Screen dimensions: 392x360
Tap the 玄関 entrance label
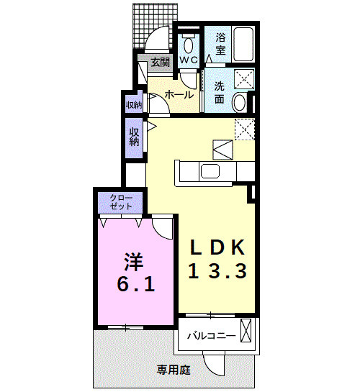(161, 63)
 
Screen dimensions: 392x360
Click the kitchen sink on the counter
(211, 171)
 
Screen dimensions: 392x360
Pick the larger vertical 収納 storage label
(135, 137)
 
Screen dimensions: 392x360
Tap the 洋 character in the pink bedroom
(132, 259)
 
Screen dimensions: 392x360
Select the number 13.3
(217, 272)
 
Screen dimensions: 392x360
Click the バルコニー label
(211, 335)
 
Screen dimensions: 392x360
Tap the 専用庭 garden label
(174, 370)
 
